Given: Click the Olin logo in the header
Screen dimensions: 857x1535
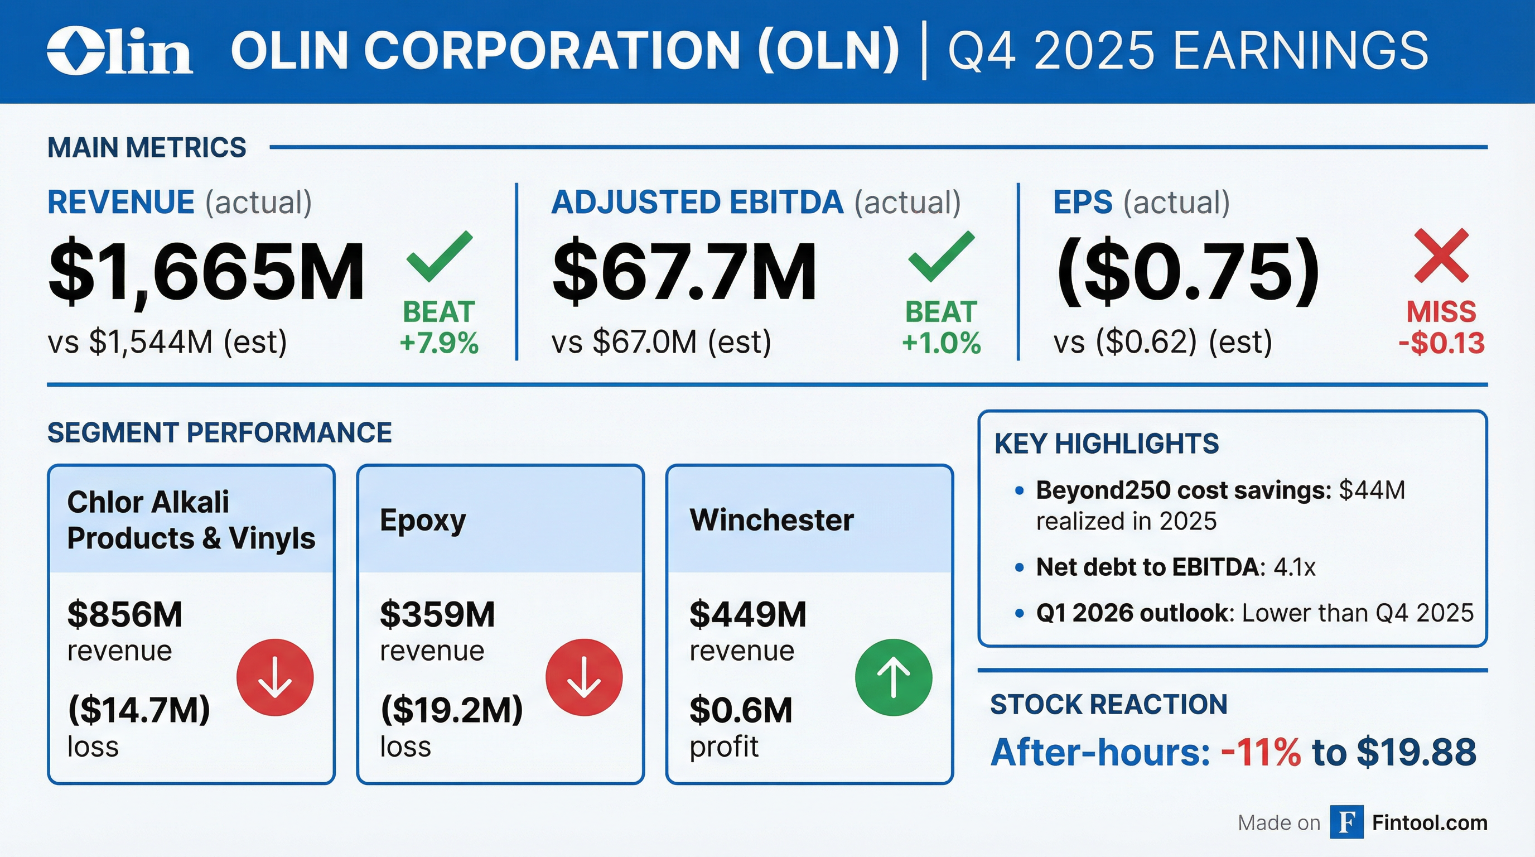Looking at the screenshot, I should click(x=119, y=51).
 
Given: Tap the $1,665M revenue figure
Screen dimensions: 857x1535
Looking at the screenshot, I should click(x=206, y=272).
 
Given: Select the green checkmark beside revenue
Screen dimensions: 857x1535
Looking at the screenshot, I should click(x=439, y=256).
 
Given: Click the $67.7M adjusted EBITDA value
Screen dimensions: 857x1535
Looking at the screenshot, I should click(x=684, y=272).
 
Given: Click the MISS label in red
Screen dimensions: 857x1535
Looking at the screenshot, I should click(x=1441, y=312).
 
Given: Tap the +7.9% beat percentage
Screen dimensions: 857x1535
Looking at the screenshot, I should click(x=439, y=343).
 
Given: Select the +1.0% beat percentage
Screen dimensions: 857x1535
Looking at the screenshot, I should click(x=941, y=343).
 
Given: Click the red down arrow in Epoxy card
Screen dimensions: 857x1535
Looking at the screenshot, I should click(x=584, y=677).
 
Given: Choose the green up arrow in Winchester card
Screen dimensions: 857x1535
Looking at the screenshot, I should click(x=893, y=677).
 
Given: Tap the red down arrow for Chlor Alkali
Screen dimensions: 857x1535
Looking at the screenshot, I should click(x=274, y=677).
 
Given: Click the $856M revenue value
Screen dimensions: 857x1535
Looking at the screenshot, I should click(x=124, y=614).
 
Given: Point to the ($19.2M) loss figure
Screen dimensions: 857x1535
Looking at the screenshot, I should click(x=451, y=710).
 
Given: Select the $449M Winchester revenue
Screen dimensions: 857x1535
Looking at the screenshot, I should click(x=748, y=614).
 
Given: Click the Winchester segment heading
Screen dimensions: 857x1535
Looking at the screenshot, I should click(x=771, y=519).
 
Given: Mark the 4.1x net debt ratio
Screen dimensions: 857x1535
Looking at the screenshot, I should click(x=1294, y=567).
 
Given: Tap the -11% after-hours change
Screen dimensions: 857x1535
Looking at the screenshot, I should click(x=1261, y=752).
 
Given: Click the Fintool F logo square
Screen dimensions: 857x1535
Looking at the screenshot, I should click(x=1346, y=822).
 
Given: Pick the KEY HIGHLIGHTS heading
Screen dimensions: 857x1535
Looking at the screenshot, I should click(x=1107, y=444).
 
